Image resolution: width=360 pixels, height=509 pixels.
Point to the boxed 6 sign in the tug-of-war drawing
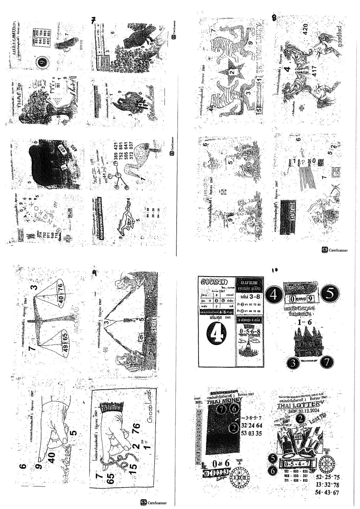click(x=141, y=336)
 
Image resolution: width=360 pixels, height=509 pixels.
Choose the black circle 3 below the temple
click(x=293, y=363)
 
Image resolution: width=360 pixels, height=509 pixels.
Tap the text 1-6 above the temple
click(x=304, y=322)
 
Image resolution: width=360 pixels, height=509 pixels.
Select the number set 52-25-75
click(x=328, y=477)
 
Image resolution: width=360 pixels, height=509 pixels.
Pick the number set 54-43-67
click(x=327, y=492)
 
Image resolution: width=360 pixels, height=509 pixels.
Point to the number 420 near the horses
click(x=306, y=29)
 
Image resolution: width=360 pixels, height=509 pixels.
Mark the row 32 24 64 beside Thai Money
click(x=251, y=425)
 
